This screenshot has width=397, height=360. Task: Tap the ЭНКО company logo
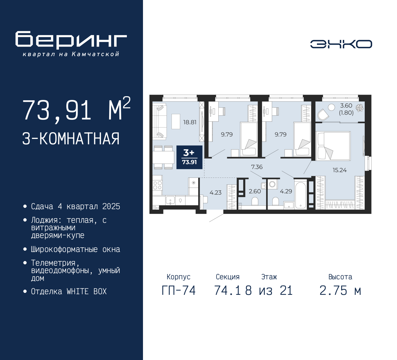point(341,44)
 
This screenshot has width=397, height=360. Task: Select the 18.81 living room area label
point(190,122)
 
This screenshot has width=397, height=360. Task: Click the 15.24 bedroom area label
point(340,170)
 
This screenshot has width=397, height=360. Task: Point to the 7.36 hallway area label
point(257,167)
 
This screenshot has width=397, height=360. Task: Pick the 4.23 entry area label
point(216,192)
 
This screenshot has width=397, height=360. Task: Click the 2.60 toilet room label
point(255,191)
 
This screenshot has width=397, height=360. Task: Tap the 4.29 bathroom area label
point(286,191)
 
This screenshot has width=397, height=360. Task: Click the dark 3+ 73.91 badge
point(190,157)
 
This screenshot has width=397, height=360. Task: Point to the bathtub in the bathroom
point(301,194)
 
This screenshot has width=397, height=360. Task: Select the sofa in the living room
point(160,121)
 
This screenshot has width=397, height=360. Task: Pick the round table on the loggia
point(331,107)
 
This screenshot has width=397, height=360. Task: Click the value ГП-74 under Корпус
point(179,290)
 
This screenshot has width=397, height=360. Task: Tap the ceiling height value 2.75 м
point(340,290)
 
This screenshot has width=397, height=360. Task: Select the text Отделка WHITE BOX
point(69,291)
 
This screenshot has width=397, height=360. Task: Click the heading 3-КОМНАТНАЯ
point(71,139)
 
